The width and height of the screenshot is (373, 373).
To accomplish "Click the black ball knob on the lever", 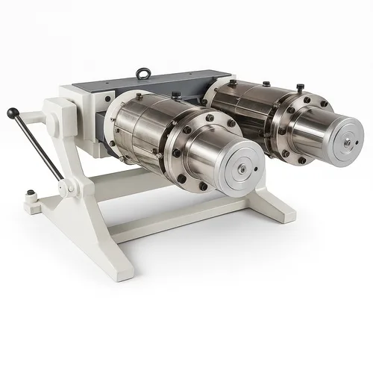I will tap(12, 113).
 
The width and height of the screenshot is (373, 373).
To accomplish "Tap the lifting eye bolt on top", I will tap(141, 75).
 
